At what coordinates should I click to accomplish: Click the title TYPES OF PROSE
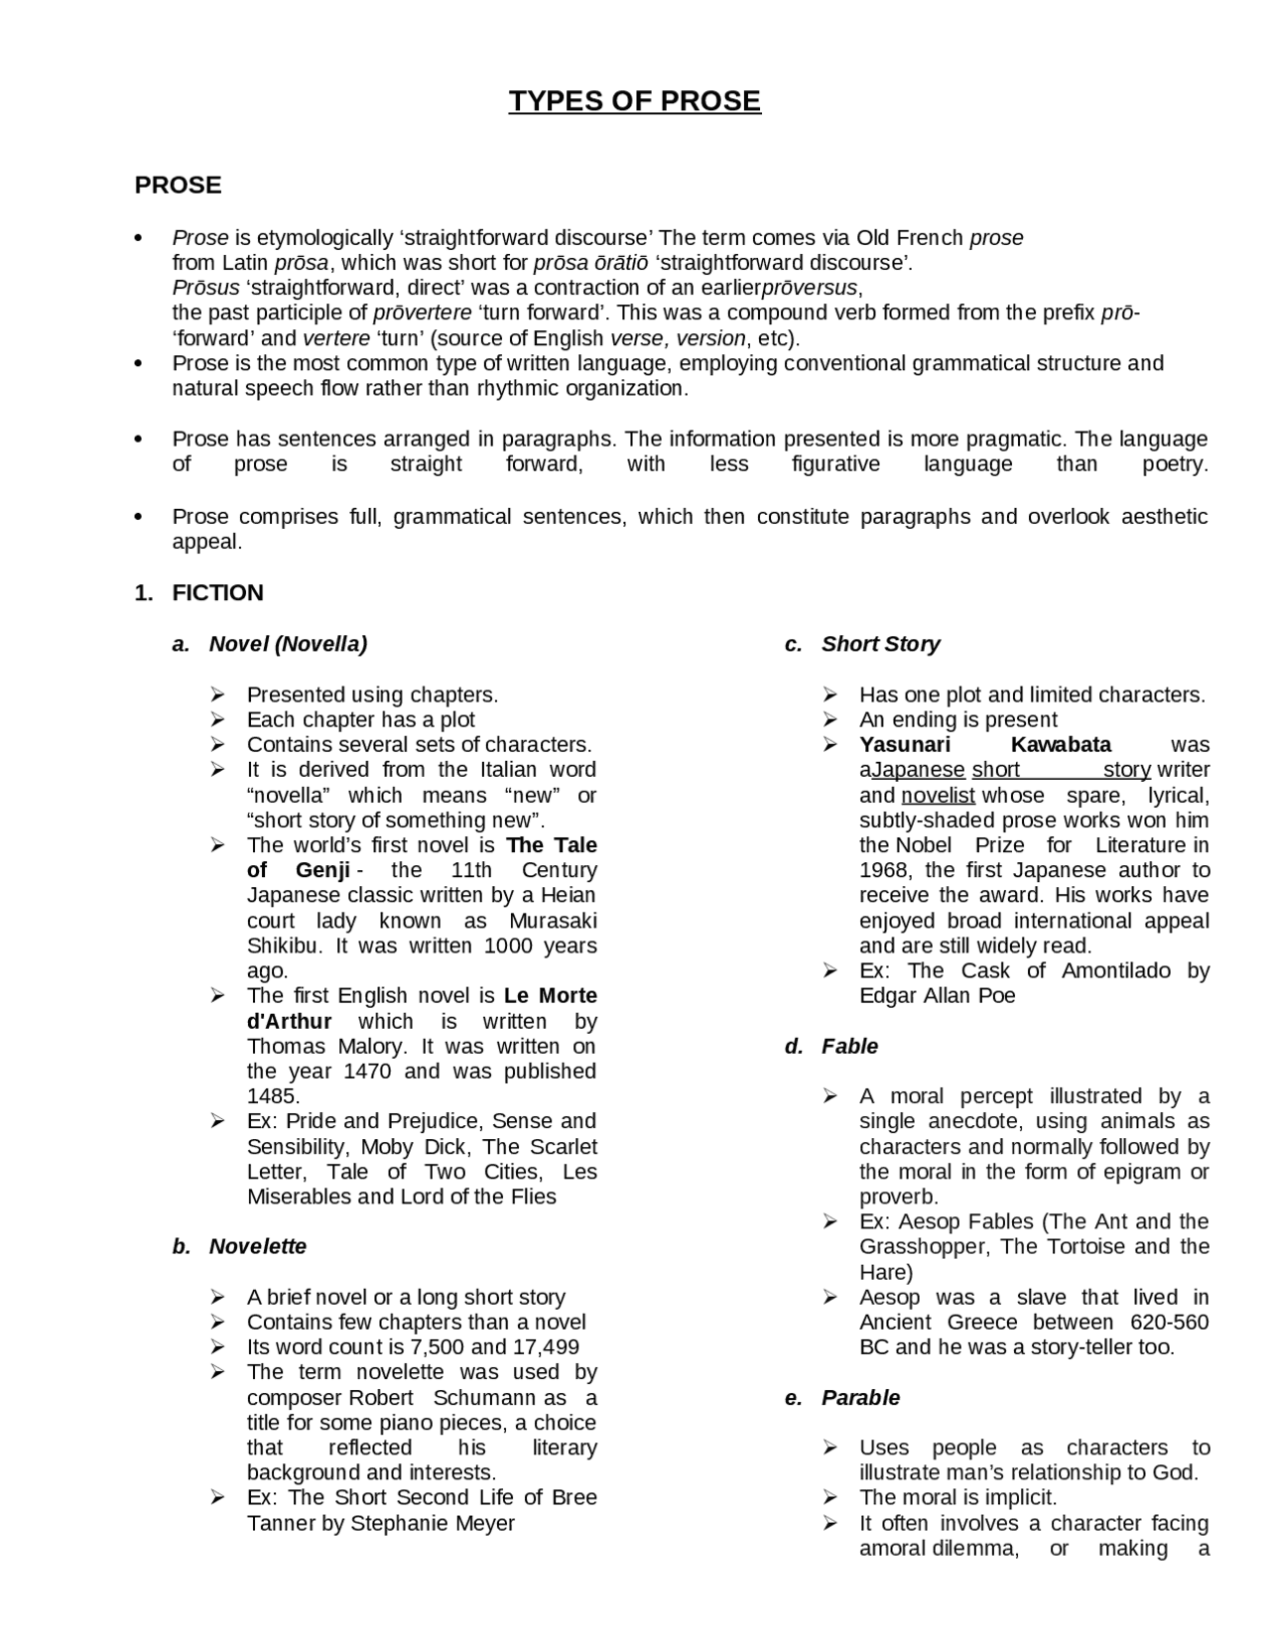tap(634, 101)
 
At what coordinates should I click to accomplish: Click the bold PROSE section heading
tap(178, 186)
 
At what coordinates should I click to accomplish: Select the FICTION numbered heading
tap(217, 593)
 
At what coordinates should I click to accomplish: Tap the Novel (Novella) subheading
tap(288, 644)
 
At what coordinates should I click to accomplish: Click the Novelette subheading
tap(257, 1247)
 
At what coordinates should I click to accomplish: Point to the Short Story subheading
tap(880, 644)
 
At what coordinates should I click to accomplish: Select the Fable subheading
tap(849, 1047)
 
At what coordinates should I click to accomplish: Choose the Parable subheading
tap(860, 1398)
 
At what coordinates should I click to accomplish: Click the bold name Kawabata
tap(1061, 745)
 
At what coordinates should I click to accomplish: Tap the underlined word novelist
tap(939, 796)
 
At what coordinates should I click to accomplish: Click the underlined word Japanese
tap(919, 770)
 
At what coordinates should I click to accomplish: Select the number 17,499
tap(546, 1347)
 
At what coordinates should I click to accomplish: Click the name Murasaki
tap(553, 921)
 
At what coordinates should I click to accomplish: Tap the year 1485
tap(273, 1096)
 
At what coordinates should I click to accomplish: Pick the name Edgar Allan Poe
tap(938, 996)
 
